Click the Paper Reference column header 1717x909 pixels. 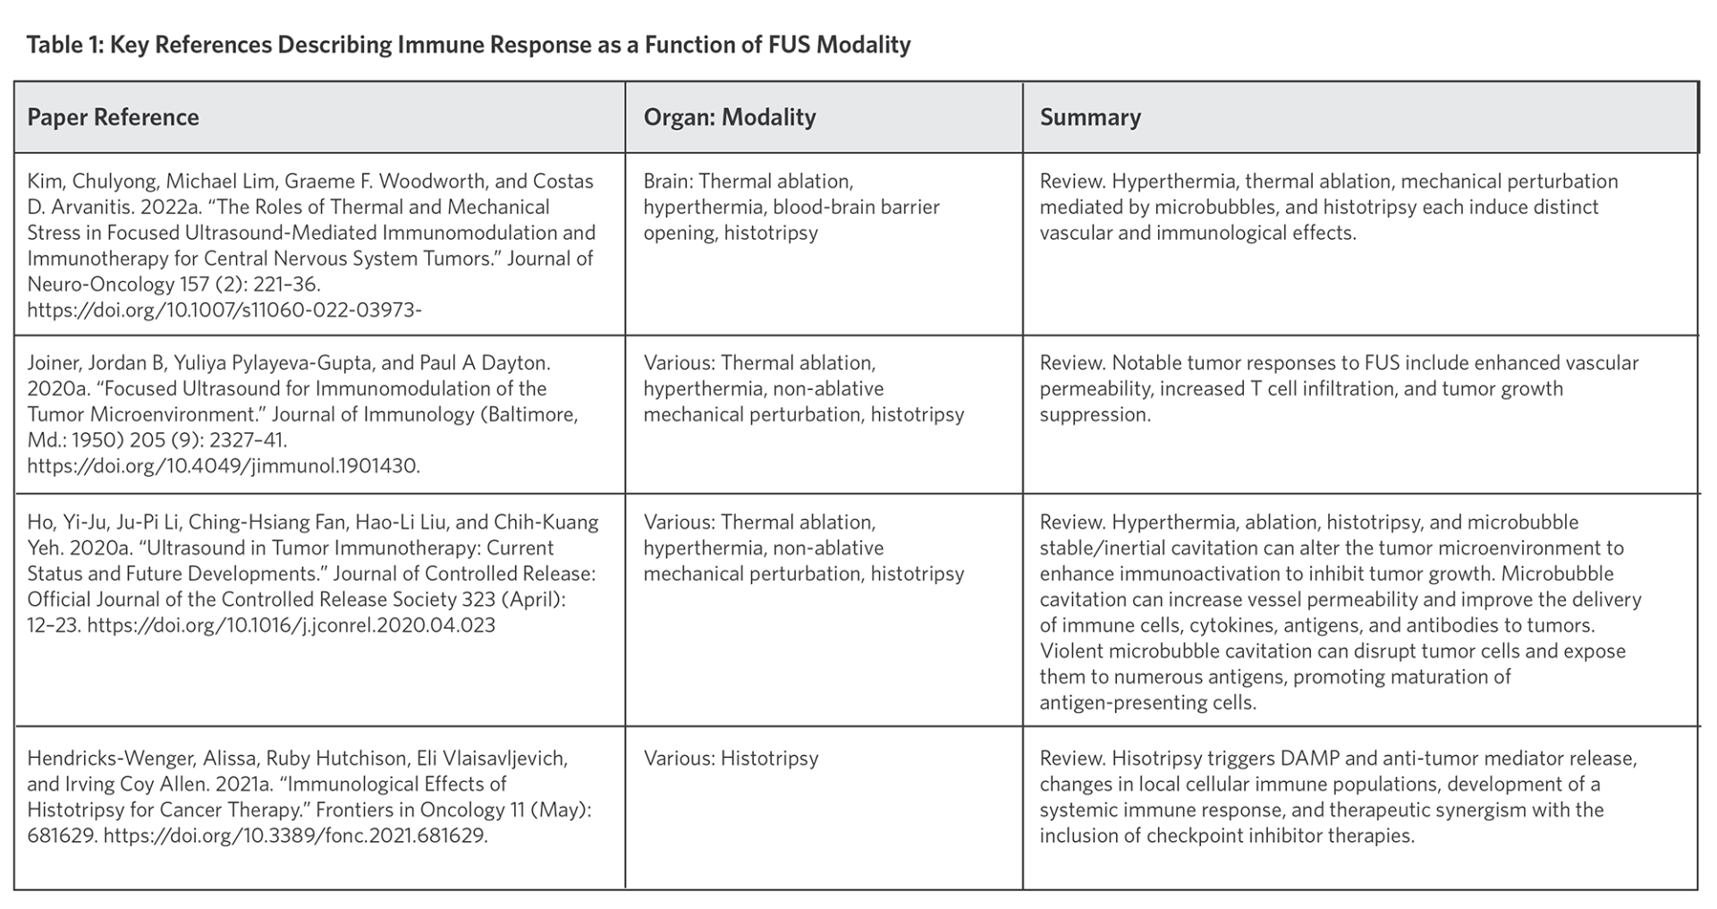(113, 117)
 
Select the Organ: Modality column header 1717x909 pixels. (729, 117)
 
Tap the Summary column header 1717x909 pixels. (1089, 117)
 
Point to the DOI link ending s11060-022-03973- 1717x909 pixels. (224, 310)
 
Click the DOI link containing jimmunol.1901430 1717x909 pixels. (223, 465)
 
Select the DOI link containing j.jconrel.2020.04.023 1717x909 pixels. (291, 624)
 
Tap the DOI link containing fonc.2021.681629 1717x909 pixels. (295, 836)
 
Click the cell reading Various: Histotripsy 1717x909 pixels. (730, 758)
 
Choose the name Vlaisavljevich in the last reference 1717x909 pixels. (491, 758)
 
